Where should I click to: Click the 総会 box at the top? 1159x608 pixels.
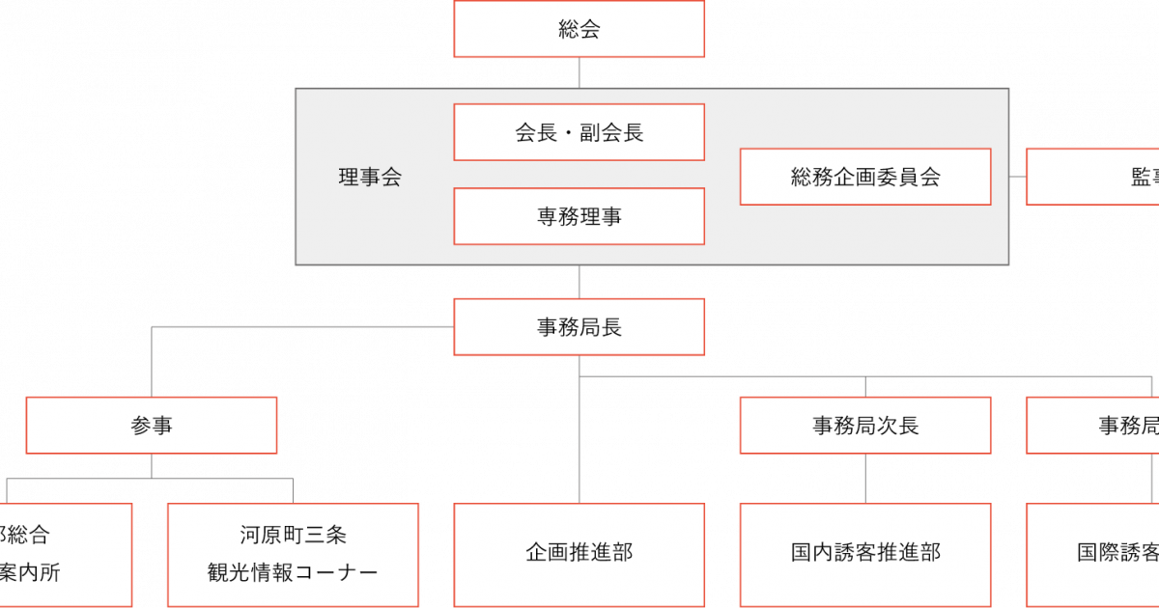click(x=579, y=29)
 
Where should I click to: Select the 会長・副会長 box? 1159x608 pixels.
click(x=579, y=132)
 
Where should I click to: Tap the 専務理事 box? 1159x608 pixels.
click(x=579, y=216)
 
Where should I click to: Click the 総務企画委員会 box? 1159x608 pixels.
click(x=865, y=177)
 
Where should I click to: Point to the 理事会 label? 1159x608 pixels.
click(x=370, y=178)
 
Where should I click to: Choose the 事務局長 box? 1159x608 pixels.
click(x=579, y=327)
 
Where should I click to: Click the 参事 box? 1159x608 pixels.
click(x=152, y=425)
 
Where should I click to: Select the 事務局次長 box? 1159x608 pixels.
click(x=865, y=425)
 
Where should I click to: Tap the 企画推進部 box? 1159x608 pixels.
click(x=579, y=554)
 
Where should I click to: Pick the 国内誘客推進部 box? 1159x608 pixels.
click(x=865, y=554)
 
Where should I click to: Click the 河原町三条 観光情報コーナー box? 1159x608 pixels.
click(x=293, y=554)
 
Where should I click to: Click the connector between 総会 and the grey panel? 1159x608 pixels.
click(x=579, y=72)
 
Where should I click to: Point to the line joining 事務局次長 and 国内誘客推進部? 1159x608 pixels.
click(x=865, y=478)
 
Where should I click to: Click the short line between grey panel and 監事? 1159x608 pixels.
click(x=1018, y=177)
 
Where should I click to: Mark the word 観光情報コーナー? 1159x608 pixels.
click(x=293, y=573)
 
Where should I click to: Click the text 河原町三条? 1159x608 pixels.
click(x=293, y=535)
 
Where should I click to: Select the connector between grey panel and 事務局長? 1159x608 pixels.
click(x=579, y=281)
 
